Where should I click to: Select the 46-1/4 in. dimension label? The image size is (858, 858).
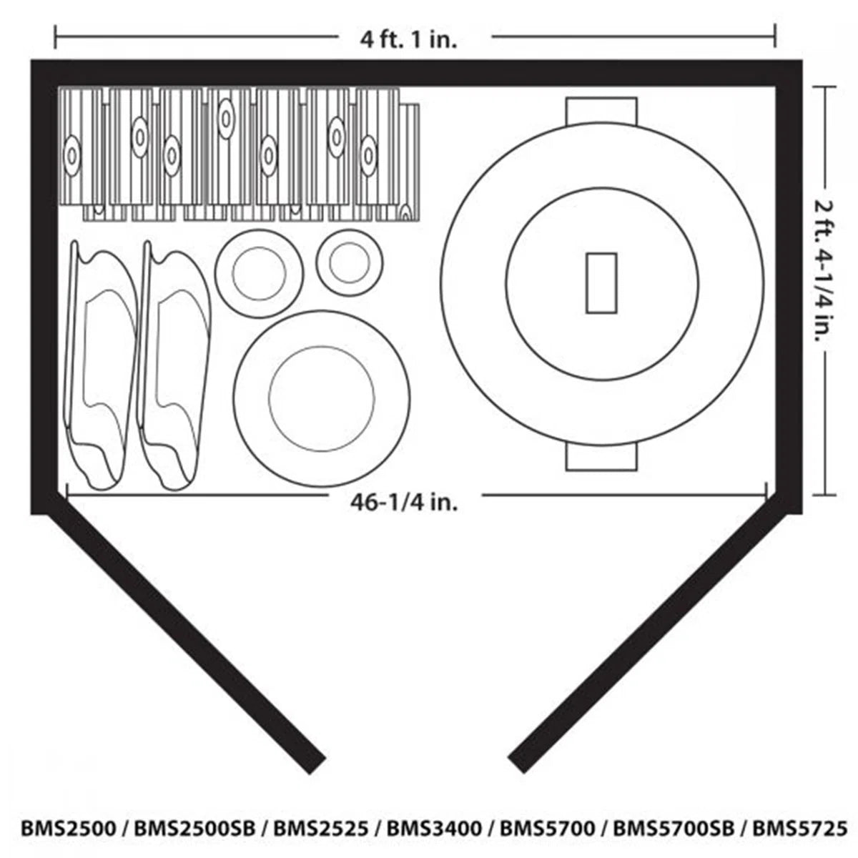pyautogui.click(x=404, y=502)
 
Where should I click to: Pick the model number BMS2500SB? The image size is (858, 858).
pyautogui.click(x=191, y=828)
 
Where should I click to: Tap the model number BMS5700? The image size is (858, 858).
pyautogui.click(x=547, y=828)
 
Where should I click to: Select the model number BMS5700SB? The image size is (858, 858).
pyautogui.click(x=673, y=828)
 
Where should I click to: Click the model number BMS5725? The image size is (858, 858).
pyautogui.click(x=799, y=828)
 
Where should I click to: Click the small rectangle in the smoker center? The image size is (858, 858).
pyautogui.click(x=601, y=282)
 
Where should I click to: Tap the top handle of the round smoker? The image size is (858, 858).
pyautogui.click(x=601, y=109)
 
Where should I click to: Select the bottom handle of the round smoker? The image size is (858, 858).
pyautogui.click(x=601, y=457)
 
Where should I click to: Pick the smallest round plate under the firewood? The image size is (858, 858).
pyautogui.click(x=348, y=261)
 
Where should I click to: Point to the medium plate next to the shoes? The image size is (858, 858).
pyautogui.click(x=259, y=271)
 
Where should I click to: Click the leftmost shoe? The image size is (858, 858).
pyautogui.click(x=102, y=365)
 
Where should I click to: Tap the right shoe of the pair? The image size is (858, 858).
pyautogui.click(x=174, y=365)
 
